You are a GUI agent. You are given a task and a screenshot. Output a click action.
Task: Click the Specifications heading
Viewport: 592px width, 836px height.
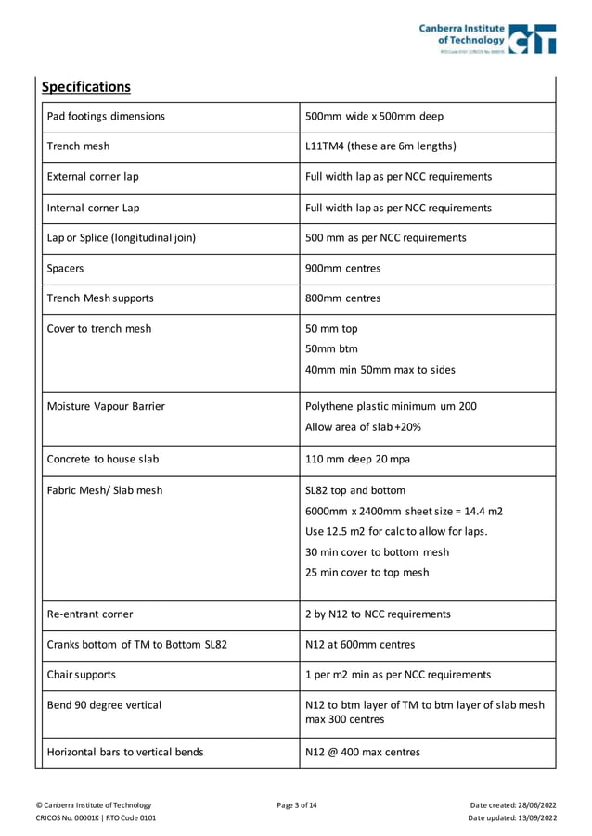(86, 87)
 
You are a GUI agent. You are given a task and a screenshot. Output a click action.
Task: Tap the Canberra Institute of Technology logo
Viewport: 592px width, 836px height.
(486, 39)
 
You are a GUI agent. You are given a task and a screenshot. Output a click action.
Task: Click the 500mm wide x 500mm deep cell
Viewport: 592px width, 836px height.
(374, 117)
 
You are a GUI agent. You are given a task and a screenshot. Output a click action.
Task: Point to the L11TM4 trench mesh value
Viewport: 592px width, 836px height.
(380, 146)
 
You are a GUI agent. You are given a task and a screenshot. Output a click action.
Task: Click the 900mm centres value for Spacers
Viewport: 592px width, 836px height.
(342, 268)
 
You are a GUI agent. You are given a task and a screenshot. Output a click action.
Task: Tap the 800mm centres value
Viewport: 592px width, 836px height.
(342, 298)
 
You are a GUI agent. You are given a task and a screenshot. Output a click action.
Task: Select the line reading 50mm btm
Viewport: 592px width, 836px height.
(331, 349)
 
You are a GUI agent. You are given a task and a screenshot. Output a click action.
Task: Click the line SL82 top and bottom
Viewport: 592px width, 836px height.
(354, 491)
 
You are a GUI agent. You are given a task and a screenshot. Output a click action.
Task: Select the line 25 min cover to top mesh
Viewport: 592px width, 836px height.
(367, 573)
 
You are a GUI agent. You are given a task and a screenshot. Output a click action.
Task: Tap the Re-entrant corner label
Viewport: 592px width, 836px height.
(90, 614)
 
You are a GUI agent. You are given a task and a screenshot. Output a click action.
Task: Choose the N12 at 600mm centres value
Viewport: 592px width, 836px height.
(360, 644)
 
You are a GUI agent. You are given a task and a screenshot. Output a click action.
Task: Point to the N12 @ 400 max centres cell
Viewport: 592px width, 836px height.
(362, 752)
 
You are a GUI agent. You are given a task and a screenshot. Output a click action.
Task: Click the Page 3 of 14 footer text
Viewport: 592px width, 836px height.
(297, 804)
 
